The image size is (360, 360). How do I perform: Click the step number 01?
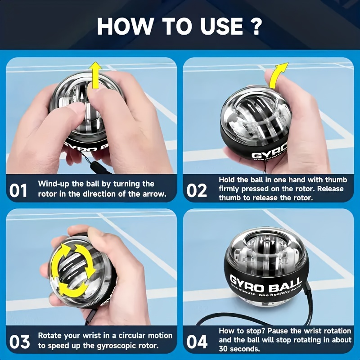[x=19, y=190]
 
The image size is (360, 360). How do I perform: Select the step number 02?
[x=197, y=190]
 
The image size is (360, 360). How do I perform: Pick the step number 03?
[x=19, y=342]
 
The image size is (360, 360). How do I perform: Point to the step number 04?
[x=197, y=342]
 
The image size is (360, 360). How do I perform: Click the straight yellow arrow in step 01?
[x=95, y=75]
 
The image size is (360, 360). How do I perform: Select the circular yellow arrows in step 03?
[x=72, y=270]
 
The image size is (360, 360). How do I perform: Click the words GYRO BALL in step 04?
[x=265, y=283]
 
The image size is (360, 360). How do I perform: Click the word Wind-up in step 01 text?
[x=53, y=184]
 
